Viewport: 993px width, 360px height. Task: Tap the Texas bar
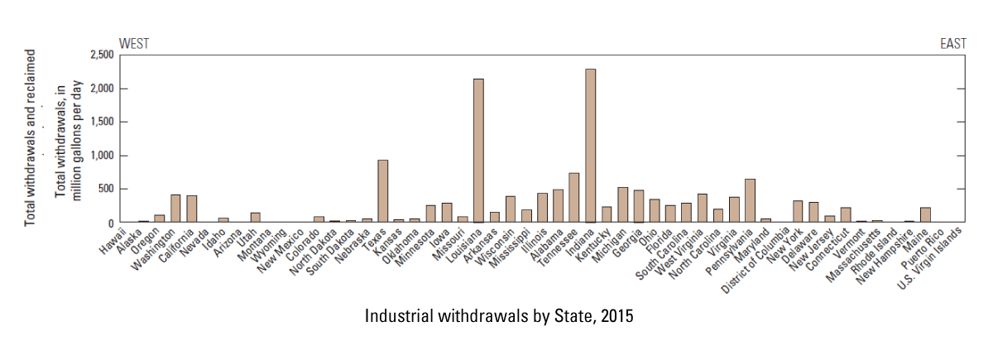[x=382, y=191]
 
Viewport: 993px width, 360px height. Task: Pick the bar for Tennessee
[x=574, y=198]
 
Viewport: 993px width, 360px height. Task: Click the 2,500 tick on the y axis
[x=101, y=55]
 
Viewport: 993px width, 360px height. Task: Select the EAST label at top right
[x=953, y=43]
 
